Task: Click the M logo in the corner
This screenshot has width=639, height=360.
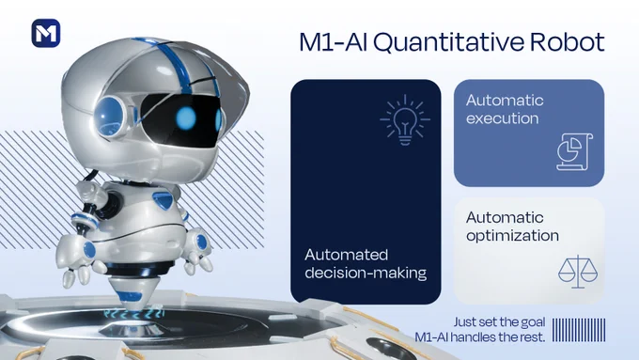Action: pos(46,33)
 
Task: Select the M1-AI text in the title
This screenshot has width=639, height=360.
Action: pos(334,42)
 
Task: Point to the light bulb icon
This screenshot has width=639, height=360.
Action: pos(405,120)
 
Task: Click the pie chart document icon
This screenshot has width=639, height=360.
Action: pos(574,151)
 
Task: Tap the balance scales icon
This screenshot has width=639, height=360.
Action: pos(578,272)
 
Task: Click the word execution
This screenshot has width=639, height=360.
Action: pos(503,118)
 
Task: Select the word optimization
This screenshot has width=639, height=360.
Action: pos(512,236)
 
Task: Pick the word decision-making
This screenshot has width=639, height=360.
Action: pos(366,273)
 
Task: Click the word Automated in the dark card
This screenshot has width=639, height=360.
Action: pos(346,255)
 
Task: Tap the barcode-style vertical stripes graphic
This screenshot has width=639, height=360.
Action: pos(579,330)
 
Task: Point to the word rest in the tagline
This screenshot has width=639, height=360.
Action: pos(532,337)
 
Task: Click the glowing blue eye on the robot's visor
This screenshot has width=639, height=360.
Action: pos(186,117)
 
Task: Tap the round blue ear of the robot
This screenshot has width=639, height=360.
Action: pos(109,117)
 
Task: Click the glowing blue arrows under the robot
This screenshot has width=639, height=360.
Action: pos(133,314)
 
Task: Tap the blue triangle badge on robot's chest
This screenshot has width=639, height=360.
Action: pos(163,200)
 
